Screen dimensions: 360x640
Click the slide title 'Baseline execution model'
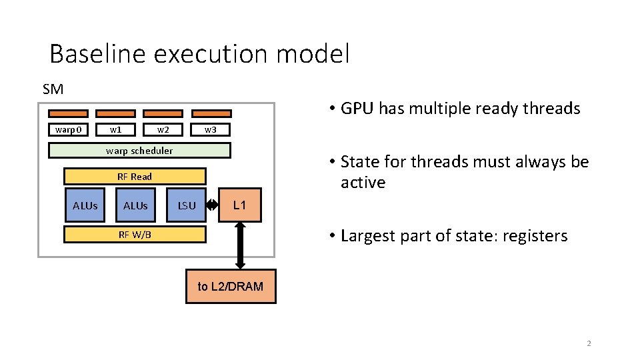(x=199, y=53)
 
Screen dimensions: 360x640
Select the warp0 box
(x=68, y=129)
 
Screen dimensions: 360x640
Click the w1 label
(x=115, y=129)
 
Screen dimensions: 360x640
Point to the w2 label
(x=163, y=129)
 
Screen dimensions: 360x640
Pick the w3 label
(x=211, y=129)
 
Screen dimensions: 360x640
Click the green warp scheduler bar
(x=140, y=151)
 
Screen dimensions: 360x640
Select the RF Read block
(x=135, y=177)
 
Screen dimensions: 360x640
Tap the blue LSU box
(x=187, y=205)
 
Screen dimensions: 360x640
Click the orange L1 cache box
(x=240, y=205)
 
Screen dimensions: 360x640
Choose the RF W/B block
(x=135, y=234)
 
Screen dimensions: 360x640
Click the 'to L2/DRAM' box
(x=231, y=287)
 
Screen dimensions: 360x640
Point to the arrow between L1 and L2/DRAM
(x=241, y=245)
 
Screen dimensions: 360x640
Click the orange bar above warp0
(x=68, y=113)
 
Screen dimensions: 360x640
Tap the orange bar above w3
(x=211, y=113)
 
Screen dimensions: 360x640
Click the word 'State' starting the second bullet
(x=359, y=162)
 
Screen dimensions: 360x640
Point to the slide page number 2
(x=589, y=344)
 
